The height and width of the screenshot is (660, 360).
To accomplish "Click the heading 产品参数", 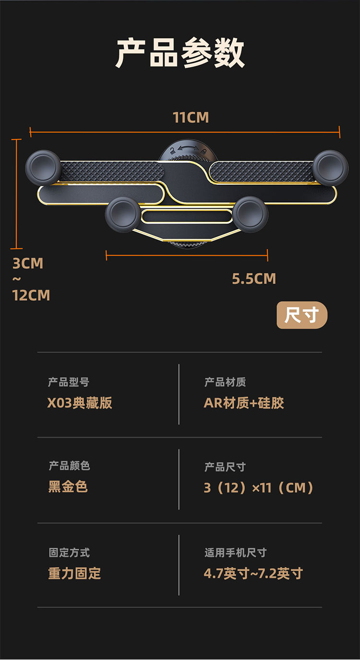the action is pyautogui.click(x=180, y=53).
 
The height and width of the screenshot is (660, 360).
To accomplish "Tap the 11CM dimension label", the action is pyautogui.click(x=191, y=118).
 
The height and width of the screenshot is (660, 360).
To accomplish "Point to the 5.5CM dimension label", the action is pyautogui.click(x=254, y=279).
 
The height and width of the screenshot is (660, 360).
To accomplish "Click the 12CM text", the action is pyautogui.click(x=31, y=295).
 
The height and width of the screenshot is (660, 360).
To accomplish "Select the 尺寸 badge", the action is pyautogui.click(x=301, y=316).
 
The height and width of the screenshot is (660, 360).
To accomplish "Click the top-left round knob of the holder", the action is pyautogui.click(x=43, y=167).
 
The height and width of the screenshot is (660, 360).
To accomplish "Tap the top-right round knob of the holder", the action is pyautogui.click(x=330, y=167).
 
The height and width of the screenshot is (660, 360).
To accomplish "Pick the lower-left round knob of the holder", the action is pyautogui.click(x=123, y=214).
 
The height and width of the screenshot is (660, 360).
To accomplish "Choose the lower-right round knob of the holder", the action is pyautogui.click(x=251, y=214).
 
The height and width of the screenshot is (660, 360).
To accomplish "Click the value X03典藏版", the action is pyautogui.click(x=80, y=403).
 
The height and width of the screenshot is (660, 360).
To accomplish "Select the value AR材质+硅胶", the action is pyautogui.click(x=244, y=403).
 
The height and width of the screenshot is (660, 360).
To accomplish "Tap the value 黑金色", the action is pyautogui.click(x=68, y=487).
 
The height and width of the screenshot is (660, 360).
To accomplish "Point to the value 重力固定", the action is pyautogui.click(x=74, y=574).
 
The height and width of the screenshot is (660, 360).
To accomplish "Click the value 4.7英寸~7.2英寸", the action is pyautogui.click(x=253, y=574).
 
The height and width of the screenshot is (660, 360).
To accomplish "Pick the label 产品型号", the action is pyautogui.click(x=69, y=382).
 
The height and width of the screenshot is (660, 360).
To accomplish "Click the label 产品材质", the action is pyautogui.click(x=225, y=382).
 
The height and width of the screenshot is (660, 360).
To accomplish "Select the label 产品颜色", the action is pyautogui.click(x=69, y=466).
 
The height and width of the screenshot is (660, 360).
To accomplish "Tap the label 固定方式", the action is pyautogui.click(x=69, y=553).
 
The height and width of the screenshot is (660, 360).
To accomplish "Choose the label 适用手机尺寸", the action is pyautogui.click(x=235, y=553).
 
